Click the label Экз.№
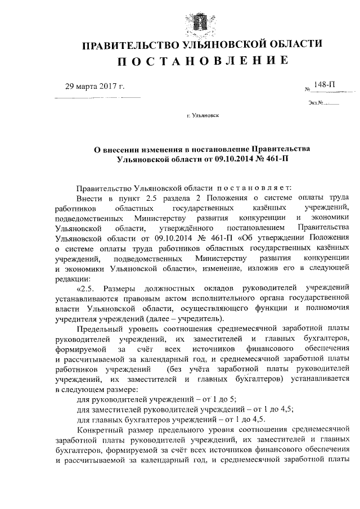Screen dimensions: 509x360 coord(314,102)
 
